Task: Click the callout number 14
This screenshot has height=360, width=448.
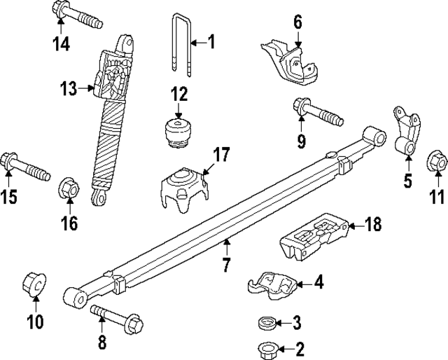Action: (62, 43)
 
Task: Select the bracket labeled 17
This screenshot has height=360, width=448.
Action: (183, 184)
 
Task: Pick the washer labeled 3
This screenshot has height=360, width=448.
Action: (265, 323)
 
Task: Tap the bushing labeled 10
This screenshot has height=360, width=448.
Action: (35, 284)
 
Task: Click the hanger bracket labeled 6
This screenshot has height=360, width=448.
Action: (289, 61)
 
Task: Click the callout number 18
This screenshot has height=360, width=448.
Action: (374, 225)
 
